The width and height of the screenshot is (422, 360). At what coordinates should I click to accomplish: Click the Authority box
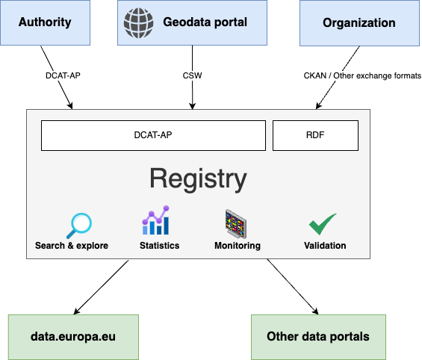coord(46,22)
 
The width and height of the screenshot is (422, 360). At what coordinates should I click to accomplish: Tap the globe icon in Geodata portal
coord(139,23)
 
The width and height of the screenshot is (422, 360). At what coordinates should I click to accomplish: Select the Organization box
coord(359,23)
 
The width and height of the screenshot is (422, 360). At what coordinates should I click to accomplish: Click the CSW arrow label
coord(192,75)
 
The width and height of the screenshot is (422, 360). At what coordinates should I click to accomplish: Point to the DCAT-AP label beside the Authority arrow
coord(63,75)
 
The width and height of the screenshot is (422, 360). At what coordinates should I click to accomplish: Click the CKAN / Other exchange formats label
coord(362,75)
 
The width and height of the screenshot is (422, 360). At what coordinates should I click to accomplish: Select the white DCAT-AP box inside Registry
coord(153,135)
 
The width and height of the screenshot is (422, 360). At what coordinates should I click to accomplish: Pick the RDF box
coord(315,135)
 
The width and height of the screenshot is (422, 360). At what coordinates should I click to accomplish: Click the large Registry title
coord(198,179)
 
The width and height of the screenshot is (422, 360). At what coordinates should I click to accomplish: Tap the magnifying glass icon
coord(79,226)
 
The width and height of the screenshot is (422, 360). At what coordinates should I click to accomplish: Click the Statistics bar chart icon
coord(156,220)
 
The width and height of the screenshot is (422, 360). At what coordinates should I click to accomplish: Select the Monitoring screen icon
coord(236,224)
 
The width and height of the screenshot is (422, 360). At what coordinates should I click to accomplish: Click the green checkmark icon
coord(323,224)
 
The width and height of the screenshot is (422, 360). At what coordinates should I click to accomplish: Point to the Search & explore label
coord(72,246)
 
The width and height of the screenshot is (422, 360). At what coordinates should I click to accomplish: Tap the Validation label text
coord(325,246)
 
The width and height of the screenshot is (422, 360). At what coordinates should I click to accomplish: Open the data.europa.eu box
coord(73,337)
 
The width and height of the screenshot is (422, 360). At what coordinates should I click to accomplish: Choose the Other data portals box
coord(318,337)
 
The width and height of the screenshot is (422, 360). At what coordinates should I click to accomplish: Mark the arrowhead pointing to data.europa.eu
coord(76,312)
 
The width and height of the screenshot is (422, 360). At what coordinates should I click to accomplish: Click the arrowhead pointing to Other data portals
coord(316,312)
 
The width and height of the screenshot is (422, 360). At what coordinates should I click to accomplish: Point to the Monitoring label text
coord(238,246)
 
